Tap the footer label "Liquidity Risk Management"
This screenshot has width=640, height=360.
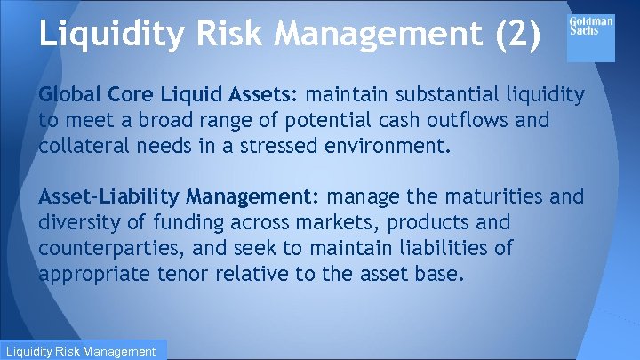point(84,352)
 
